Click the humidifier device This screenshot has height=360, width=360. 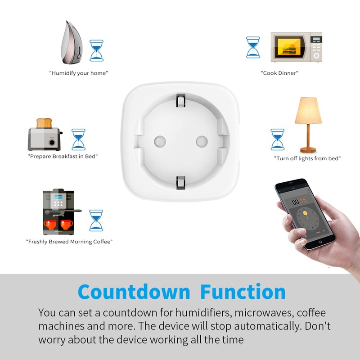point(71,43)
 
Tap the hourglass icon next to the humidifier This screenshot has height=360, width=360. point(97,50)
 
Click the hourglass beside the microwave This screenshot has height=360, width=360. point(253,47)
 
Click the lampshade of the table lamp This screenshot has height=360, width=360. point(308,110)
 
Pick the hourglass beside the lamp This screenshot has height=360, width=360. point(277,139)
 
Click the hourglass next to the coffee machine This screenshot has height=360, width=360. point(96,220)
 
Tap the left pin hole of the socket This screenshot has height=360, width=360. point(159,141)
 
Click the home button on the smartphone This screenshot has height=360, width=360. point(321,242)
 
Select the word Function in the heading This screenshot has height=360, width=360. point(243,292)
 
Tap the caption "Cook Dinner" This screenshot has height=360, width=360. point(279,73)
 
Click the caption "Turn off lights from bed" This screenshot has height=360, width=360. point(307,158)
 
